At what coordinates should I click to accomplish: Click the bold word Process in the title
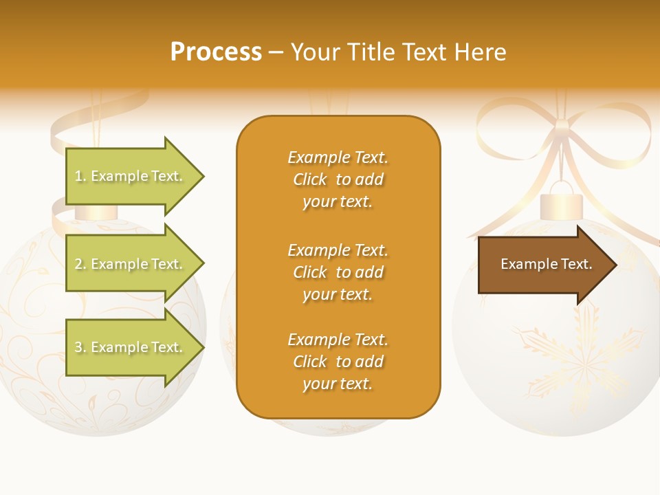[x=216, y=52]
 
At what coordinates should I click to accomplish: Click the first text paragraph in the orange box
[x=338, y=179]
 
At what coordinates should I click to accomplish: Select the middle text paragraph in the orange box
[x=338, y=272]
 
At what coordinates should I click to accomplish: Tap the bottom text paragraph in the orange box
[x=338, y=362]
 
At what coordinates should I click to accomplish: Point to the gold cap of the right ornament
[x=561, y=206]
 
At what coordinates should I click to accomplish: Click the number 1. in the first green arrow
[x=80, y=177]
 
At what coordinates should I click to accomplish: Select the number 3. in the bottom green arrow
[x=80, y=348]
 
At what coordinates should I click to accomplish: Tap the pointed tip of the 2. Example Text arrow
[x=201, y=264]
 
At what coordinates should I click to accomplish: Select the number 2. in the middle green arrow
[x=80, y=265]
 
